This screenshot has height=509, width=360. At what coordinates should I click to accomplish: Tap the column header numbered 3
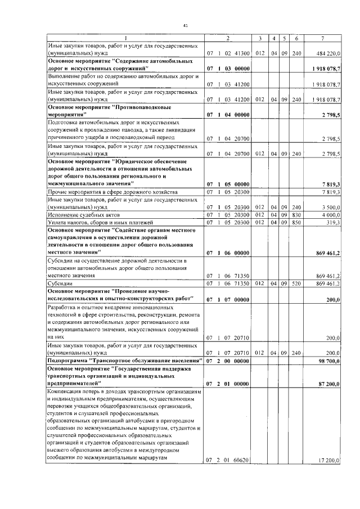point(260,38)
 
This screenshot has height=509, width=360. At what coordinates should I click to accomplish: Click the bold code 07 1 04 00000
point(228,115)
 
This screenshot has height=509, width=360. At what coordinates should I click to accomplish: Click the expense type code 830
point(296,215)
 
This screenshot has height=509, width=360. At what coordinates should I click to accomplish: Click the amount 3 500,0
point(330,207)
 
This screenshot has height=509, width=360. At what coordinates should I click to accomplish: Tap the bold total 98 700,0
point(328,359)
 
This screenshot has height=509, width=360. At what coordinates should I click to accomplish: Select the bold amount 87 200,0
point(328,383)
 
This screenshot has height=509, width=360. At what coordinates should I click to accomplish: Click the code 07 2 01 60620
point(228,461)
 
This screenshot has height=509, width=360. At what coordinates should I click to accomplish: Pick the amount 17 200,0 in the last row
point(328,461)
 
